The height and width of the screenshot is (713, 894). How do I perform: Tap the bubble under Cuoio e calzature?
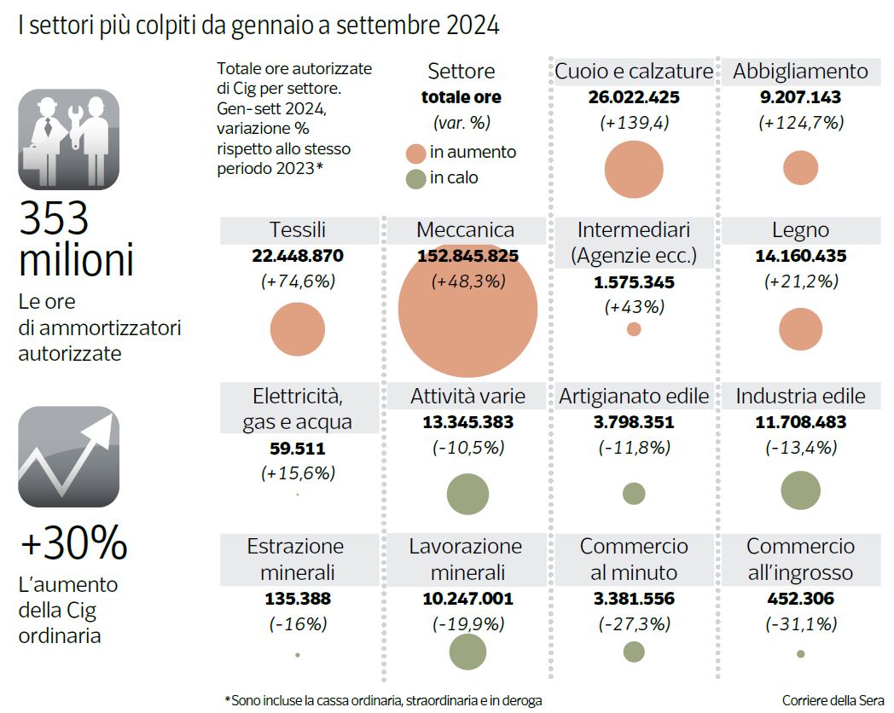(634, 169)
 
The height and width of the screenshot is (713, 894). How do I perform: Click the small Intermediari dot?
(634, 329)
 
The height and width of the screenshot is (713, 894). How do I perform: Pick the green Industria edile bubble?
(800, 490)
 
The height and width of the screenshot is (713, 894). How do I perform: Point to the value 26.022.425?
(634, 97)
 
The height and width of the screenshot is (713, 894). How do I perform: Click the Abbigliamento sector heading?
(800, 72)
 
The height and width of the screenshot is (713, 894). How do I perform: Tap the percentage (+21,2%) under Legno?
(800, 281)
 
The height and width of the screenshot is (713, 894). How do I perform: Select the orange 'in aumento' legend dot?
(415, 153)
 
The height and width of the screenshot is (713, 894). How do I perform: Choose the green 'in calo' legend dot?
(415, 178)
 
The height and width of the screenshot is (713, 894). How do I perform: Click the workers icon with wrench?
(68, 139)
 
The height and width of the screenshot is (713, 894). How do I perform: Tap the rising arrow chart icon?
(68, 456)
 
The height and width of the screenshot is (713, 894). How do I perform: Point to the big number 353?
(55, 219)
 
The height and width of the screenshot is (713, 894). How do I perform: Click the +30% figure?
(73, 543)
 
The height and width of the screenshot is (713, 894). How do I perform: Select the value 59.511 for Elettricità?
(298, 448)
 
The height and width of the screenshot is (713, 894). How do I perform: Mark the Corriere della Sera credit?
(833, 699)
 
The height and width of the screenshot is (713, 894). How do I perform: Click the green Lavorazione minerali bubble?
(467, 652)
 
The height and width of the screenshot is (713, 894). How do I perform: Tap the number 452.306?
(800, 599)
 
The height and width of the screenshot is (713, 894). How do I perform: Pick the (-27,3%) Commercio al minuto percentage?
(634, 623)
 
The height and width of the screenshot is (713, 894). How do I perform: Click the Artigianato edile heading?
(634, 396)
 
